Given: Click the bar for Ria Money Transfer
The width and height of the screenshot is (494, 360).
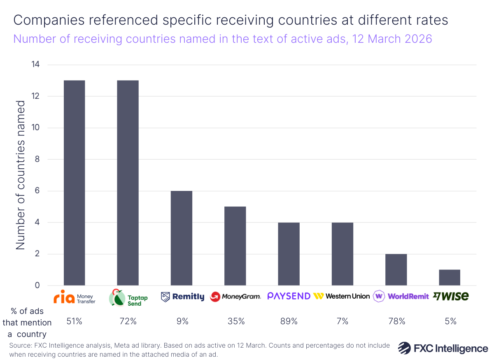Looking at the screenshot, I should click(x=75, y=183).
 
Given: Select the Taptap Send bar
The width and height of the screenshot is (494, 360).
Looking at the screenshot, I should click(x=128, y=183).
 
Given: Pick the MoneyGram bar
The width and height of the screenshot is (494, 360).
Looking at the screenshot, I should click(x=235, y=246).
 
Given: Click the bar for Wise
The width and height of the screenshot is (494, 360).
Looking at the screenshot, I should click(x=450, y=277).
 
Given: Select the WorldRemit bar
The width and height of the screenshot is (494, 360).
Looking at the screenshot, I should click(x=396, y=269).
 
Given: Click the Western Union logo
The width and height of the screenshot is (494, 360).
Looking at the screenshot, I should click(x=342, y=296).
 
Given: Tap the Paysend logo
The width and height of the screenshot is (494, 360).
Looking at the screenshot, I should click(x=289, y=296).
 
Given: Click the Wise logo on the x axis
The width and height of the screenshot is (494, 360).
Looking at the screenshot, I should click(x=450, y=296).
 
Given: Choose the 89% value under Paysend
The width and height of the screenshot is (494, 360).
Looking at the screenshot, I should click(x=289, y=321).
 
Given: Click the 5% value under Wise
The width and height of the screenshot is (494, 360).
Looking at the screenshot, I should click(x=450, y=321).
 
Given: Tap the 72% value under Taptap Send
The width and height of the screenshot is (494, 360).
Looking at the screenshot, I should click(x=128, y=321).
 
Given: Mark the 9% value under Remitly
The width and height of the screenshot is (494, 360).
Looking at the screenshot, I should click(x=182, y=321).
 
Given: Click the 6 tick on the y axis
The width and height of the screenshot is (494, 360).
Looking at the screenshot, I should click(x=37, y=191).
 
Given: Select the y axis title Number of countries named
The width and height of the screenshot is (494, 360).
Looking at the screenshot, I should click(x=21, y=175).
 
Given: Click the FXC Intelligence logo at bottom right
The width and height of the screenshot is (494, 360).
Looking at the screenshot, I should click(x=443, y=348).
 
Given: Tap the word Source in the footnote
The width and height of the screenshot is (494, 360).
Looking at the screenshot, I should click(x=20, y=346).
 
